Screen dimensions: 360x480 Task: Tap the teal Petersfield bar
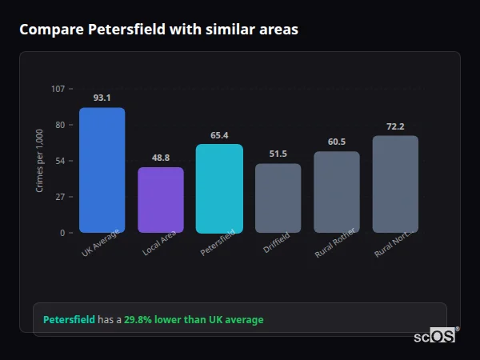pos(219,189)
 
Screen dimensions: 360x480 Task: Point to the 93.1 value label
pos(102,98)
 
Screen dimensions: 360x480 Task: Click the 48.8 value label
pos(161,158)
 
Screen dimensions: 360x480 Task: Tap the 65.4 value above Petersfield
pos(219,135)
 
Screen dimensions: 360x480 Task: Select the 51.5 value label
pos(278,154)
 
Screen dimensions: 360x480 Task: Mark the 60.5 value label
pos(336,142)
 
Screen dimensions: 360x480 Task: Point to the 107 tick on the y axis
pos(58,89)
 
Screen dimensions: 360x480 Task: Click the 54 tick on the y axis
pos(60,161)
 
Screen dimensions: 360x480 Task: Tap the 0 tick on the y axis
pos(62,233)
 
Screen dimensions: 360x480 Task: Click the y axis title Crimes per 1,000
pos(39,161)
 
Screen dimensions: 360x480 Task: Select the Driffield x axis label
pos(277,244)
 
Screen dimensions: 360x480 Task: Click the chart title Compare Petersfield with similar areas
pos(158,30)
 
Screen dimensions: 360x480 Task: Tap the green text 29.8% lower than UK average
pos(193,320)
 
